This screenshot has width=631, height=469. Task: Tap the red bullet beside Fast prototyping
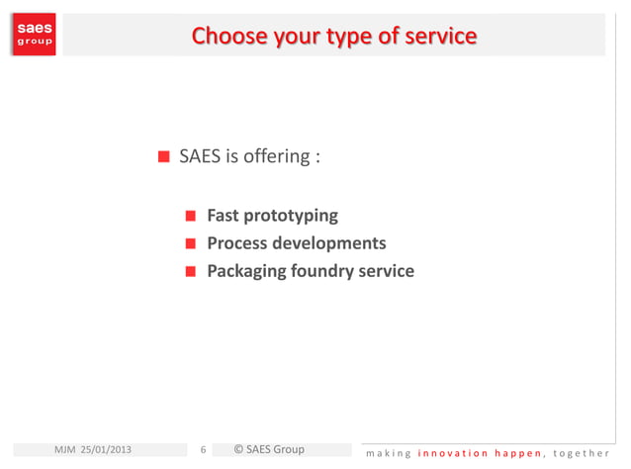192,216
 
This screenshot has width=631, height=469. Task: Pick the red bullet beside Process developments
192,243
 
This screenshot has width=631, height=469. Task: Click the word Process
237,243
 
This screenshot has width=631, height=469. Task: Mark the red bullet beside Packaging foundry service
192,271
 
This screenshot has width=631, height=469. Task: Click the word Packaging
245,271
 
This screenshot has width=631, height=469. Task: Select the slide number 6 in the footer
203,451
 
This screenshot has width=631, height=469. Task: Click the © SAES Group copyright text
268,450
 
